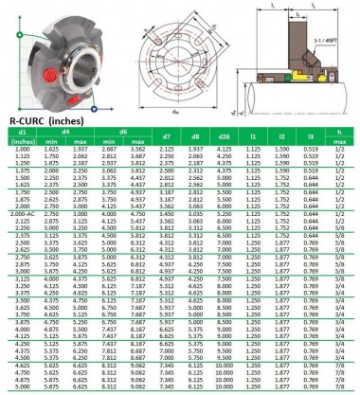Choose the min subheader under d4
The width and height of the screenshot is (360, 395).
pyautogui.click(x=50, y=143)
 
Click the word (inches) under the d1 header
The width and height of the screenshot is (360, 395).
pyautogui.click(x=19, y=143)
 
